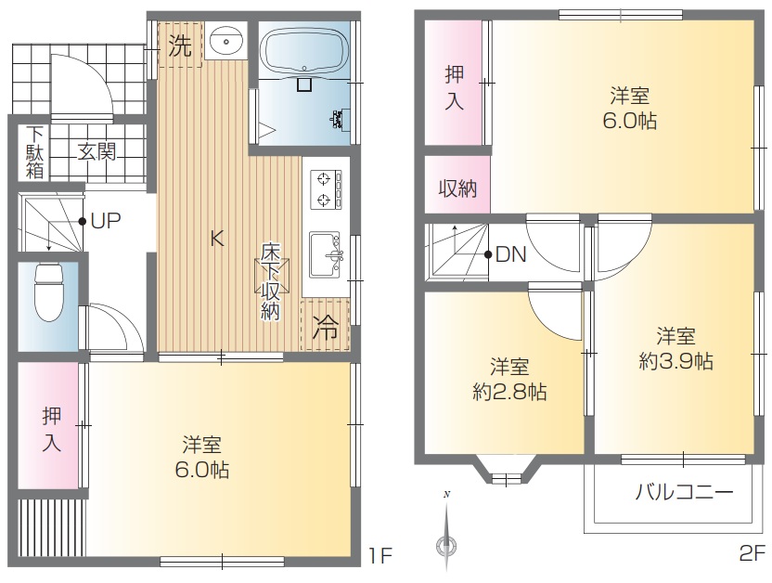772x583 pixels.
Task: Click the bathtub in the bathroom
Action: coord(303,52)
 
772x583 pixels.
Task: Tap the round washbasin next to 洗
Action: coord(226,40)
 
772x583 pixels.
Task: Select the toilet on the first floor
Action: coord(48,292)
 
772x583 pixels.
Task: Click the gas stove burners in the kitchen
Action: coord(326,189)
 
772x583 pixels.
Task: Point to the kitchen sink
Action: coord(326,255)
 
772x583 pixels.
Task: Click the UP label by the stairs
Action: coord(106,221)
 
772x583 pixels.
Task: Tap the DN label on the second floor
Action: coord(511,254)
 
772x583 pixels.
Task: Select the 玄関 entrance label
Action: coord(97,151)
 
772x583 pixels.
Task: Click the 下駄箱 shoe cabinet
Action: coord(34,152)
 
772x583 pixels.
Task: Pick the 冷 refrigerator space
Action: coord(325,325)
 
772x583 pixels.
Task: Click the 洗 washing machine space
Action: coord(180,45)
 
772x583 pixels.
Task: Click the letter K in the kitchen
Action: coord(217,239)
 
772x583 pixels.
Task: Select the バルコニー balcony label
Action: coord(685,492)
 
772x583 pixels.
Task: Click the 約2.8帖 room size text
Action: coord(509,392)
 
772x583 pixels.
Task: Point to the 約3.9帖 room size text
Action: coord(675,361)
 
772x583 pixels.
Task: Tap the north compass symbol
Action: coord(446,532)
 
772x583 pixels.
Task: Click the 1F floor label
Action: coord(380,556)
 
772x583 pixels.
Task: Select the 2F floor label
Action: coord(753,553)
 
